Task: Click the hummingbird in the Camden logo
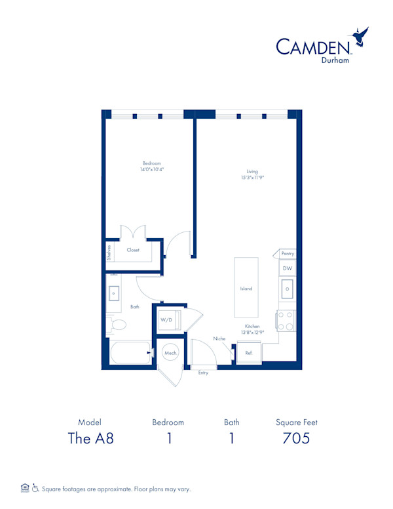(360, 36)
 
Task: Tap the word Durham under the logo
(335, 60)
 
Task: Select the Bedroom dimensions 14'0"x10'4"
(152, 169)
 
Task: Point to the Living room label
(252, 171)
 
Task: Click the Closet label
(133, 250)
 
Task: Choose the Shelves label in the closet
(109, 253)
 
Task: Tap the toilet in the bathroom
(116, 325)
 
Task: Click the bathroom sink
(113, 293)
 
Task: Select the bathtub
(130, 352)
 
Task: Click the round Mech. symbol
(170, 353)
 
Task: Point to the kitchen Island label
(246, 288)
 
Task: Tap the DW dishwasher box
(288, 268)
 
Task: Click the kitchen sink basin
(288, 289)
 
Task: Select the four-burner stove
(286, 321)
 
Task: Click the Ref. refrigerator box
(249, 353)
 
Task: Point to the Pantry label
(288, 254)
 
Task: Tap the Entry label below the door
(203, 373)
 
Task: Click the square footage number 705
(296, 438)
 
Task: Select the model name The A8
(91, 438)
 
